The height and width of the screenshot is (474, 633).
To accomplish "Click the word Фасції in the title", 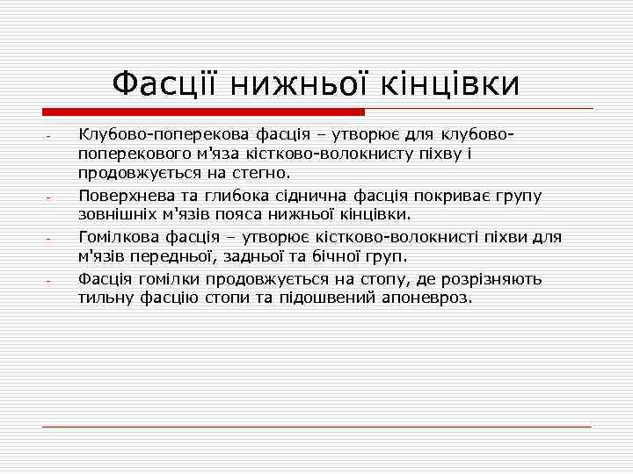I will (167, 84).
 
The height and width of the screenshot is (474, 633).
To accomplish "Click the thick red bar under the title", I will (203, 112).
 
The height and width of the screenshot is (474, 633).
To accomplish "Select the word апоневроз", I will (433, 298).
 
